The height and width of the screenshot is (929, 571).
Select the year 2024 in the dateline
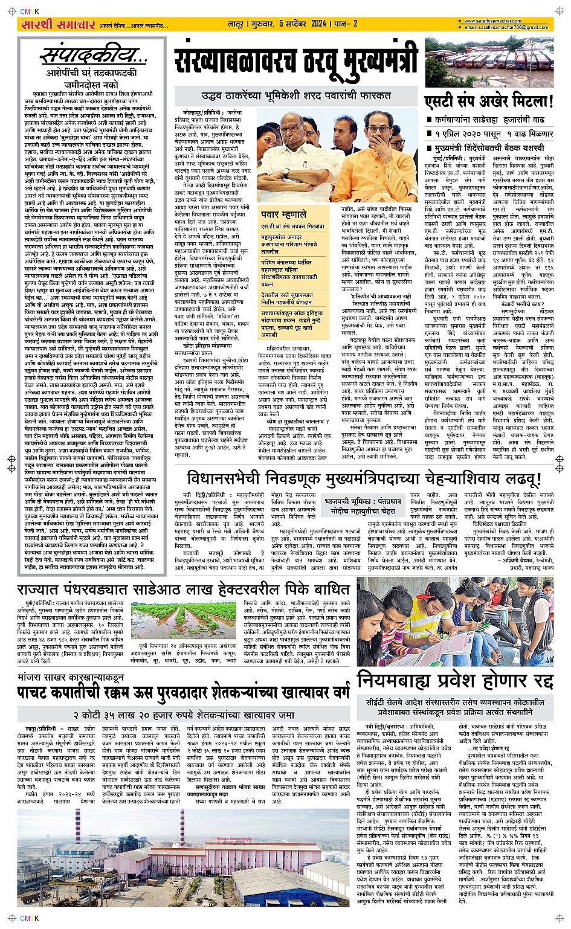[x=318, y=24]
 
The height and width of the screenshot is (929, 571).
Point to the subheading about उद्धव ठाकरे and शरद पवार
[x=295, y=95]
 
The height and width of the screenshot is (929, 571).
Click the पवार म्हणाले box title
[x=283, y=214]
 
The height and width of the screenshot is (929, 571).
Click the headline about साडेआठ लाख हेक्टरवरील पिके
[x=184, y=589]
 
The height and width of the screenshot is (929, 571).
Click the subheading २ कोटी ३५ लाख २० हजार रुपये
[x=184, y=715]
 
